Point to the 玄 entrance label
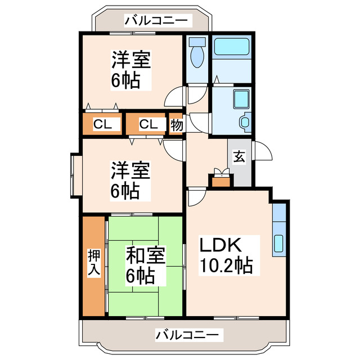pyautogui.click(x=240, y=157)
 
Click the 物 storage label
pyautogui.click(x=177, y=124)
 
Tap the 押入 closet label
pyautogui.click(x=94, y=263)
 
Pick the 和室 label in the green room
pyautogui.click(x=145, y=256)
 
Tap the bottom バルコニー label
pyautogui.click(x=186, y=335)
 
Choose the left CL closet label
pyautogui.click(x=102, y=124)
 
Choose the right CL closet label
pyautogui.click(x=148, y=124)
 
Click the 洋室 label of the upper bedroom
pyautogui.click(x=131, y=58)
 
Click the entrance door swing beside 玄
pyautogui.click(x=263, y=151)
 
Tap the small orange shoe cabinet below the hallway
pyautogui.click(x=220, y=181)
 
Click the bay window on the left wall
pyautogui.click(x=75, y=176)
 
